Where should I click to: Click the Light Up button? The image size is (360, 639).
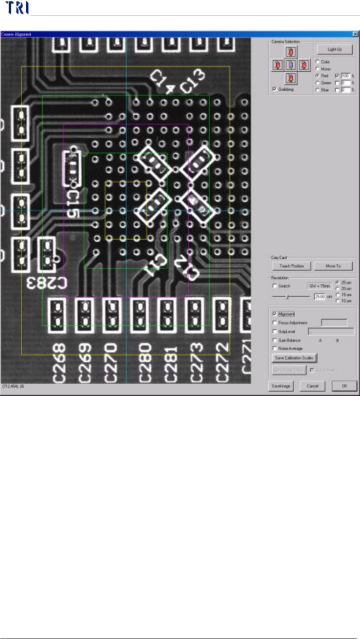[334, 49]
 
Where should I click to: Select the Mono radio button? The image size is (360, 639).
[317, 69]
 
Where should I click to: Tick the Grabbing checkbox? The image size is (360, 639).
[275, 89]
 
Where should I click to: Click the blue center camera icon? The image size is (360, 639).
[290, 65]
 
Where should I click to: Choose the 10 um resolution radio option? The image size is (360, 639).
[337, 301]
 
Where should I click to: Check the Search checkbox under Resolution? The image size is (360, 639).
[275, 286]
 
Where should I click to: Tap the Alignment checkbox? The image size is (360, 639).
[275, 314]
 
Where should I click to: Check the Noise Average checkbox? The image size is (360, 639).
[275, 348]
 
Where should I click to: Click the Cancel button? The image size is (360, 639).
[313, 386]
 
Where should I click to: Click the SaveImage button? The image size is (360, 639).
[281, 386]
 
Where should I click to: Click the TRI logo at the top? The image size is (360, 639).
[14, 8]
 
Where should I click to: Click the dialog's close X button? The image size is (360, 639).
[355, 34]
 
